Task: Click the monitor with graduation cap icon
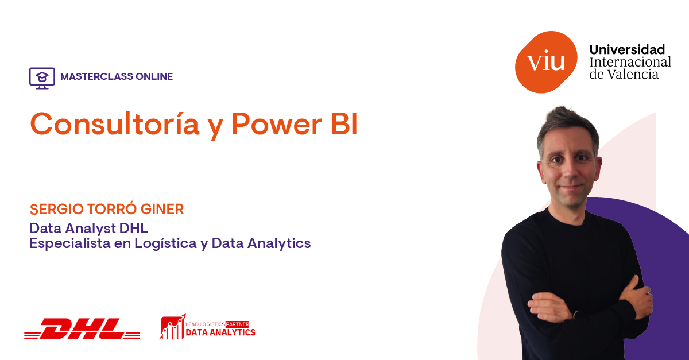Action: click(x=42, y=78)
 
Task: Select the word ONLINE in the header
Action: click(x=154, y=76)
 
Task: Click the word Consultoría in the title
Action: click(x=115, y=123)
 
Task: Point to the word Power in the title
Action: click(x=277, y=125)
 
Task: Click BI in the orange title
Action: click(x=344, y=124)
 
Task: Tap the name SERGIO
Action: click(x=57, y=209)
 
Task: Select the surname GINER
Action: click(x=162, y=209)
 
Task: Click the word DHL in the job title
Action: click(x=134, y=229)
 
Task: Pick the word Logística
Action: click(x=165, y=243)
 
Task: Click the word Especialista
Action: click(x=70, y=243)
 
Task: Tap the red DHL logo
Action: click(x=82, y=328)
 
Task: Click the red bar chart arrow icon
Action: click(x=173, y=327)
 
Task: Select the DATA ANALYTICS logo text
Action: click(x=220, y=332)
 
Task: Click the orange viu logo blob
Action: click(x=546, y=62)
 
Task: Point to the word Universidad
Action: click(x=627, y=49)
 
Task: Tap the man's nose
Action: click(x=570, y=173)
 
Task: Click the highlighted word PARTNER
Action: click(x=237, y=324)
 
